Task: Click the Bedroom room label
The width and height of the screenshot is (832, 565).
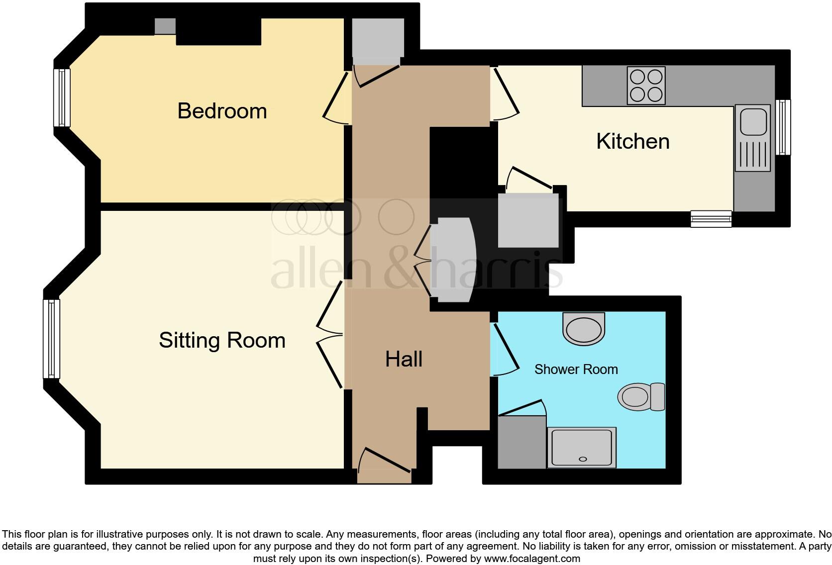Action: pos(222,111)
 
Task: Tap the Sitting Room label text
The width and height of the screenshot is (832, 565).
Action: pos(222,341)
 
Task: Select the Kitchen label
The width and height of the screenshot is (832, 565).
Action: pos(632,142)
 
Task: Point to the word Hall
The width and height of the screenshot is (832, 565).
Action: pos(404,359)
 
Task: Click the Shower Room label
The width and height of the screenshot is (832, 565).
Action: pos(576,370)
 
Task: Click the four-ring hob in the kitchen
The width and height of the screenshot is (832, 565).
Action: pos(646,86)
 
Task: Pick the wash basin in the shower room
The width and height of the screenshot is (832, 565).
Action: pos(584,329)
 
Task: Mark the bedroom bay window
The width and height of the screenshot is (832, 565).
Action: pos(62,97)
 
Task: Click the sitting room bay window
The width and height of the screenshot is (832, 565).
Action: pos(51,338)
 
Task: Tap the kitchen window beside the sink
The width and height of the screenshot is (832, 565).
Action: pos(783,127)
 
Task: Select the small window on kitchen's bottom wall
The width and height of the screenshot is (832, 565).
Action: pos(711,219)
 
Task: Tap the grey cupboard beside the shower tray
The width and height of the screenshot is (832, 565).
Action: pos(521,442)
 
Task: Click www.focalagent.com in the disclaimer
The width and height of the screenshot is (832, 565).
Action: pos(532,559)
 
